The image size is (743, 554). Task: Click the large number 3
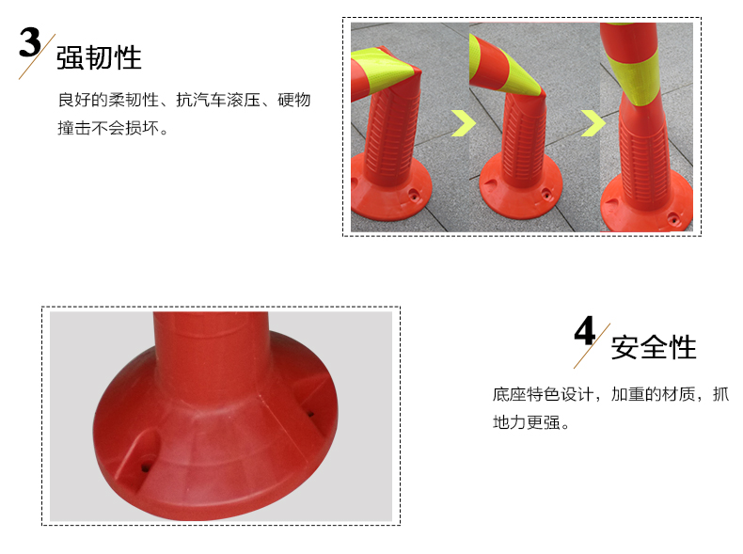[30, 42]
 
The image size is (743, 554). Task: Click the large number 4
[585, 331]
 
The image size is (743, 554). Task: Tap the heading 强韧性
[99, 57]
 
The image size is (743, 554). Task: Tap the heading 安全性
[654, 347]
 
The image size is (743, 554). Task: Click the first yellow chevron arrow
[463, 123]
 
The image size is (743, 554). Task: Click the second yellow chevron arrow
[593, 123]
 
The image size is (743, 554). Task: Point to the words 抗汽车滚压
[218, 100]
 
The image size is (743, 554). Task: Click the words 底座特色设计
[543, 394]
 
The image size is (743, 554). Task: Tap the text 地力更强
[527, 422]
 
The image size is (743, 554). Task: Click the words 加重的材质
[654, 394]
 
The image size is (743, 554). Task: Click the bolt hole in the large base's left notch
[145, 467]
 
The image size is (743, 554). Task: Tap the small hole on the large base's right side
[311, 414]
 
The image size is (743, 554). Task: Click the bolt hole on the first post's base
[414, 195]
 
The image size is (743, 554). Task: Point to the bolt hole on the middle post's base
[546, 194]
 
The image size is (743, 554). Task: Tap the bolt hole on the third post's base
[673, 219]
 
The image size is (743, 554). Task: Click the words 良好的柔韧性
[108, 100]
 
